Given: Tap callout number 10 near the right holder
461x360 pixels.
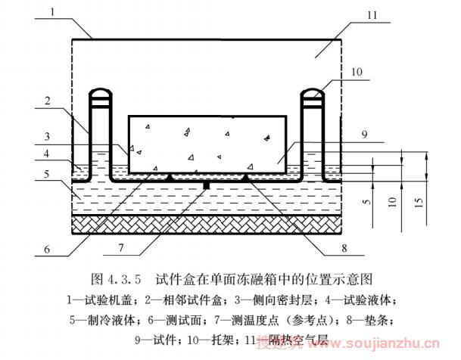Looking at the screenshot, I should click(x=357, y=73).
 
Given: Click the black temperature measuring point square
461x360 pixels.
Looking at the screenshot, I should click(x=207, y=184).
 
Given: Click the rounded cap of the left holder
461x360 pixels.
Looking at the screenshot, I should click(x=99, y=95).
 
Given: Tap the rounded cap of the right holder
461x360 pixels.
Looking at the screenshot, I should click(x=311, y=95).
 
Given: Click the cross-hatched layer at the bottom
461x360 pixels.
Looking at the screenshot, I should click(x=207, y=223).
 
